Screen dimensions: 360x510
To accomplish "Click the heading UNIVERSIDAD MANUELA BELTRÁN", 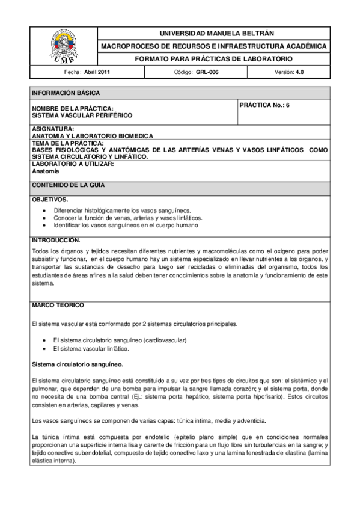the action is tap(214, 33).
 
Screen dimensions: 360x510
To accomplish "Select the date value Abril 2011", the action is tap(97, 72).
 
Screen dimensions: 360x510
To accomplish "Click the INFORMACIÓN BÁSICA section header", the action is tap(66, 93).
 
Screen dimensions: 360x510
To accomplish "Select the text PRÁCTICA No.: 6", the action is tap(264, 105).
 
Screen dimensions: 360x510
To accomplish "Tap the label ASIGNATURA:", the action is tap(53, 129).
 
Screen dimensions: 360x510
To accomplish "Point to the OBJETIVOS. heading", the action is tap(50, 199).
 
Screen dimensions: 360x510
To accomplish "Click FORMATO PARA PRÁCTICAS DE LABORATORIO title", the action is tap(214, 59).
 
